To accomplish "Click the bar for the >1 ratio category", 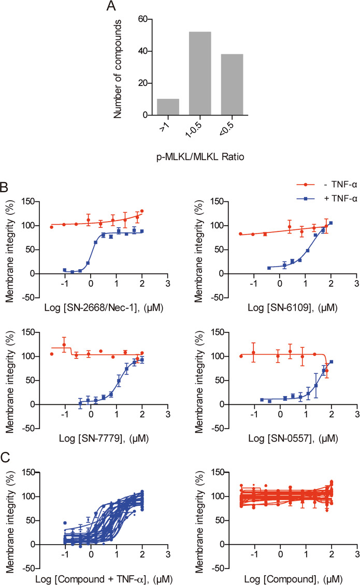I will point(168,107).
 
